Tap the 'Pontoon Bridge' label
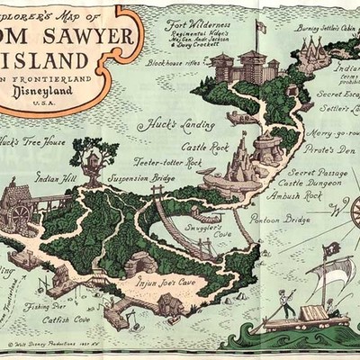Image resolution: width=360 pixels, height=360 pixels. (x=280, y=219)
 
